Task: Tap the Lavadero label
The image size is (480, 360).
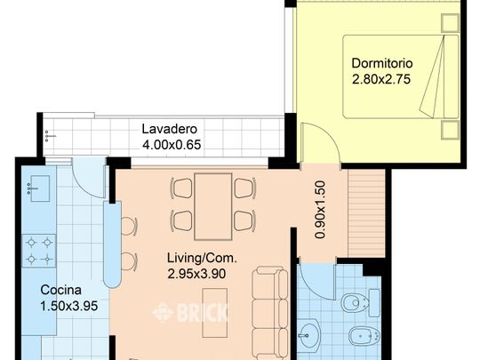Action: (168, 128)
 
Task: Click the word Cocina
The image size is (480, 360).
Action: (61, 290)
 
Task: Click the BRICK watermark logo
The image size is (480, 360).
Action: (191, 312)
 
